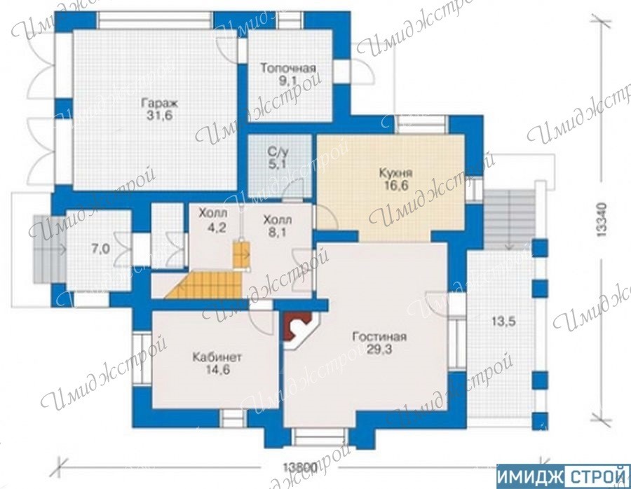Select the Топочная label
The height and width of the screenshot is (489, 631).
[x=287, y=67]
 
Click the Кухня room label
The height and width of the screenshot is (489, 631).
[x=396, y=173]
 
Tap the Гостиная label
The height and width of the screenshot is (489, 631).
[x=379, y=336]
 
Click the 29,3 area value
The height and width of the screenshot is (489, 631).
[x=379, y=349]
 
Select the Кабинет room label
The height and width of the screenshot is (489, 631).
[x=217, y=357]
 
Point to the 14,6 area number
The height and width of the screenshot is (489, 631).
[x=218, y=370]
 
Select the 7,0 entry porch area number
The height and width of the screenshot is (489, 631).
[x=100, y=249]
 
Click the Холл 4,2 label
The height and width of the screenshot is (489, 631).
[x=213, y=219]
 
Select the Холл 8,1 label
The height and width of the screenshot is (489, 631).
[x=278, y=226]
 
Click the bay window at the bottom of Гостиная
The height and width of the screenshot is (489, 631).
[x=319, y=437]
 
